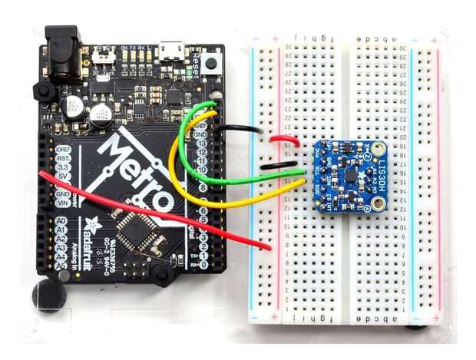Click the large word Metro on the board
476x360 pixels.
tap(138, 172)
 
